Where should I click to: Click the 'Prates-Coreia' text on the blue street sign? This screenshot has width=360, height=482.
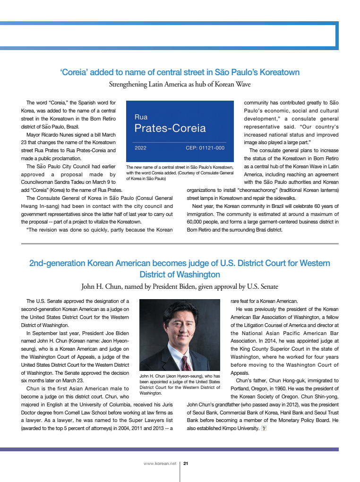pos(170,128)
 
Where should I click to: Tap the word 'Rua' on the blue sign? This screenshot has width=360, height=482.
pos(141,117)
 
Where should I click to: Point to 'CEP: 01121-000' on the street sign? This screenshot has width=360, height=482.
pos(205,148)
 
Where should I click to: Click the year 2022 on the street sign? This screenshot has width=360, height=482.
pos(140,148)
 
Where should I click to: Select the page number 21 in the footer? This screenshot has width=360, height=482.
pos(186,464)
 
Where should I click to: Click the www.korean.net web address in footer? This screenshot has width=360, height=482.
pos(160,464)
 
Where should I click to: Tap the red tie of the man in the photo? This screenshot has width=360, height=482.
pos(186,363)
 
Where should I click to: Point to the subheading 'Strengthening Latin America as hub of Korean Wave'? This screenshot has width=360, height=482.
pos(180,85)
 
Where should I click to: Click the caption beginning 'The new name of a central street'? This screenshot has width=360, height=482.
pos(180,173)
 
